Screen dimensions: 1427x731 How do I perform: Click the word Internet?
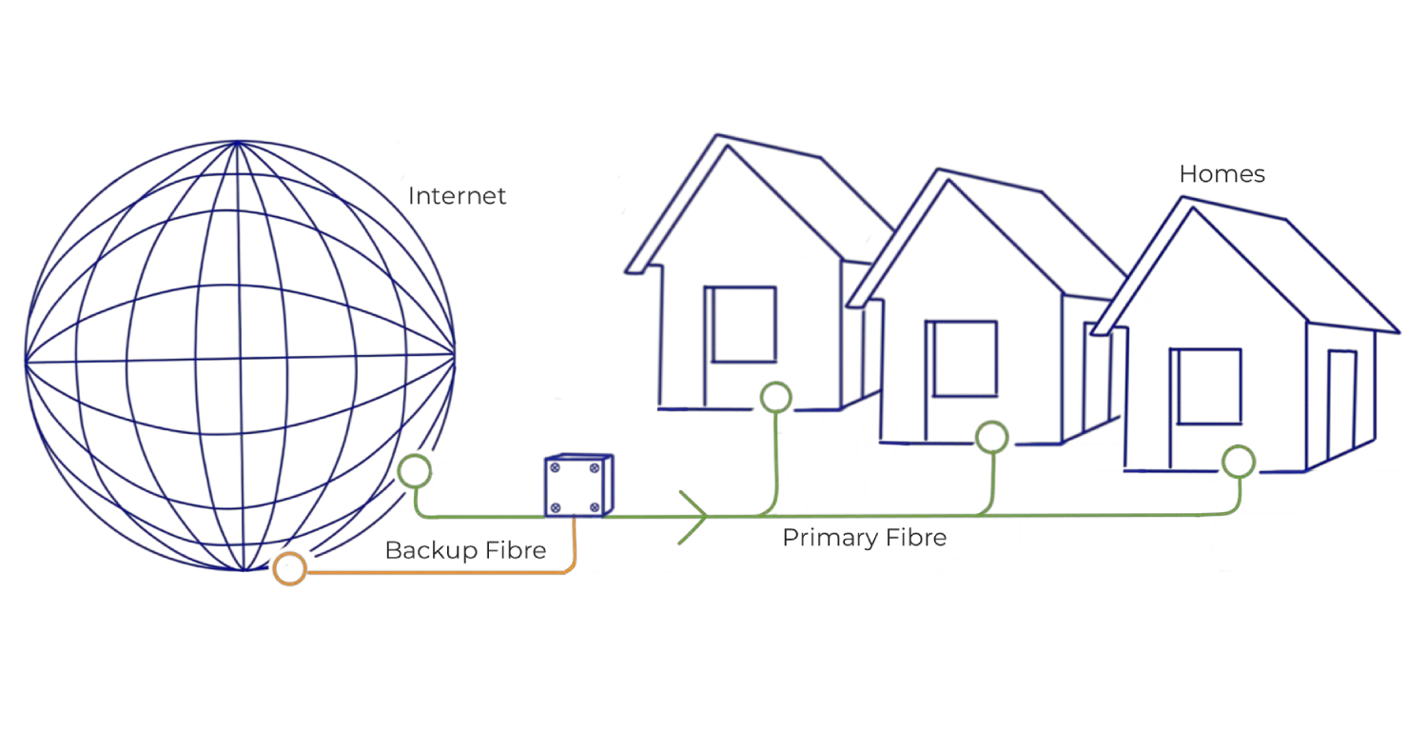click(457, 196)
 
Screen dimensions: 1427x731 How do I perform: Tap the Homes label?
click(1222, 174)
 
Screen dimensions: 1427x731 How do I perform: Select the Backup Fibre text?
click(466, 550)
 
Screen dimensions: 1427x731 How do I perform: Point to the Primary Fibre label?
click(865, 537)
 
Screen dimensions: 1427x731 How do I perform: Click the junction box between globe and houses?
click(578, 485)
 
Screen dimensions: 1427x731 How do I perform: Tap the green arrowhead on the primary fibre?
click(703, 516)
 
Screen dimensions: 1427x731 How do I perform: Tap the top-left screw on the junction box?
click(555, 467)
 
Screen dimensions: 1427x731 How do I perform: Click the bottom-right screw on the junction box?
click(595, 507)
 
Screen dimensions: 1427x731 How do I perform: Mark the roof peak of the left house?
click(718, 135)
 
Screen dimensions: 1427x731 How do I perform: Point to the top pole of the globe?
click(238, 142)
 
